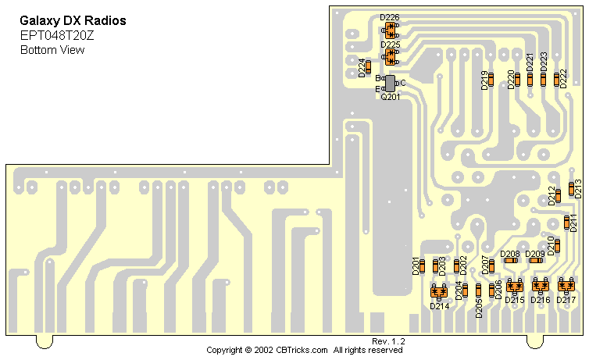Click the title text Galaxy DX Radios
coord(72,20)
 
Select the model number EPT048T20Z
coord(57,34)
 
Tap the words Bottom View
coord(52,50)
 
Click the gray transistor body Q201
coord(391,83)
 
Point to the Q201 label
coord(390,97)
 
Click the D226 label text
coord(389,17)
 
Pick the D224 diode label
coord(362,68)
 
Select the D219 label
coord(484,80)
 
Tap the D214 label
coord(439,306)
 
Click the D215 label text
coord(514,300)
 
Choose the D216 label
coord(541,300)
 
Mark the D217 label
coord(567,300)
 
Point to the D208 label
coord(510,254)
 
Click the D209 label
coord(535,254)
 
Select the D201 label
coord(416,266)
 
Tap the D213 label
coord(579,187)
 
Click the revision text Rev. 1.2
coord(388,342)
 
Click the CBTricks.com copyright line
coord(305,351)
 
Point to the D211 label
coord(576,222)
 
